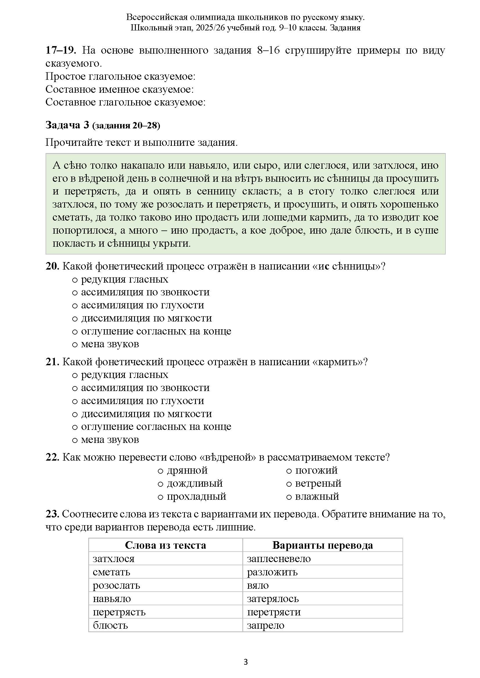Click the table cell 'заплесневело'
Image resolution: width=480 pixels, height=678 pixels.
(x=279, y=559)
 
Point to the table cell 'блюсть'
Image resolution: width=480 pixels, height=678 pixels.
(x=110, y=625)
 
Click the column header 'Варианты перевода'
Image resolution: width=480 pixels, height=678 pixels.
(x=322, y=545)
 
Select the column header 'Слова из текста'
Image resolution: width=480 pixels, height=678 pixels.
(x=165, y=545)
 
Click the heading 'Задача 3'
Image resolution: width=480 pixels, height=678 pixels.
(x=67, y=125)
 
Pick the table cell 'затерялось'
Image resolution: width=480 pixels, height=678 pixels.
(x=273, y=599)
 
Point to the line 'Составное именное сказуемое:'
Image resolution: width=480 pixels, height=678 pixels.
(x=119, y=89)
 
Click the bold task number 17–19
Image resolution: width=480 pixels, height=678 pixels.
(x=61, y=50)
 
